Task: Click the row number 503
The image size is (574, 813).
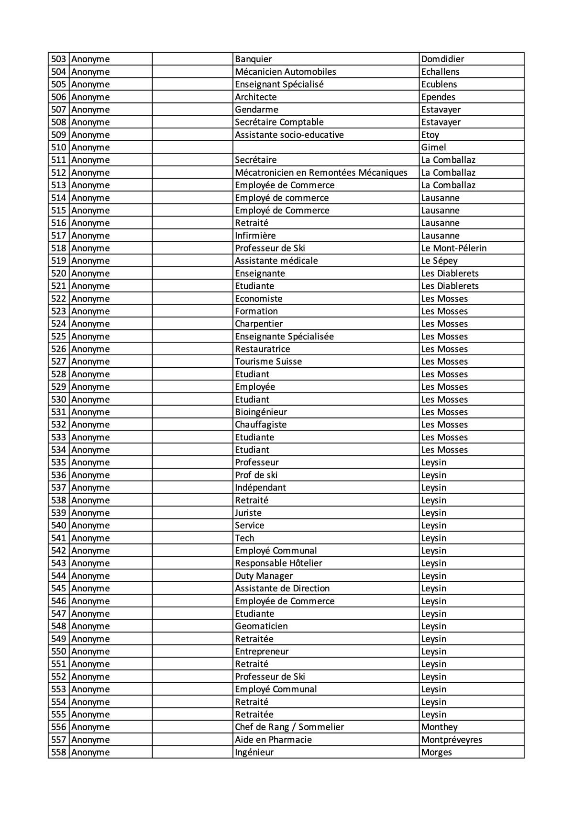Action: pos(58,59)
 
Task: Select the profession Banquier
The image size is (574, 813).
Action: pos(253,59)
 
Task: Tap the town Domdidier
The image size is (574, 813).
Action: pos(442,59)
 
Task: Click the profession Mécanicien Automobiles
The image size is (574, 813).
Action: pos(285,72)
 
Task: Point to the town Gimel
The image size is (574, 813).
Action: pos(433,147)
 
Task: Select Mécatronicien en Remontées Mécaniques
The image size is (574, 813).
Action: pos(321,172)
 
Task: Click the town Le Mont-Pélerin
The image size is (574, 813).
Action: pos(453,248)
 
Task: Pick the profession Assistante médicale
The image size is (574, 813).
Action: pos(276,260)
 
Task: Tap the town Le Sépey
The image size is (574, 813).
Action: pos(439,260)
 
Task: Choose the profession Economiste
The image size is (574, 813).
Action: pos(258,298)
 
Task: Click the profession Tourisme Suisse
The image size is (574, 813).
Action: pos(268,361)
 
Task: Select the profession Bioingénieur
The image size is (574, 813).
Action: pos(261,412)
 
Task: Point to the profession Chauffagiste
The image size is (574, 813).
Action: pos(261,424)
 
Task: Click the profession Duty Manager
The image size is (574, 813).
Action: pos(264,576)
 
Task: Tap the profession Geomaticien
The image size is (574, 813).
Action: pos(261,626)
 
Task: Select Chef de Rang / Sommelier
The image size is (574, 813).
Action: pos(289,727)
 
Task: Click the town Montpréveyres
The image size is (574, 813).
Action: pos(452,739)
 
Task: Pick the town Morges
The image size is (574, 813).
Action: pos(436,752)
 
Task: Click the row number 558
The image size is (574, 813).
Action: pos(58,752)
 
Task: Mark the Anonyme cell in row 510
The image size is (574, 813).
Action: pos(90,147)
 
